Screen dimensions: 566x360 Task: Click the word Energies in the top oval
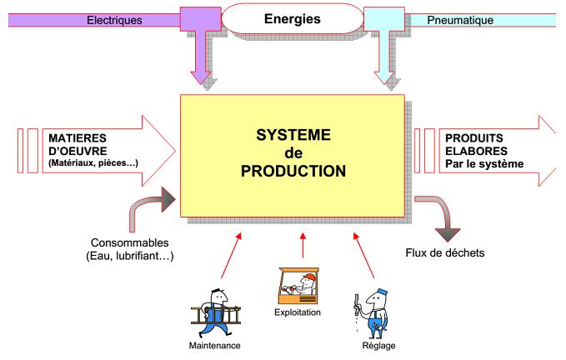click(x=292, y=19)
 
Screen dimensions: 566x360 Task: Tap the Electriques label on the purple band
click(x=114, y=20)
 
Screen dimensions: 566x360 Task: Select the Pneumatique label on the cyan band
click(x=460, y=20)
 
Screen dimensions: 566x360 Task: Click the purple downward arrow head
click(x=200, y=77)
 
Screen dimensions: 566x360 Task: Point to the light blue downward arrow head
click(x=384, y=77)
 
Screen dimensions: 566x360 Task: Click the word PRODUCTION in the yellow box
click(x=293, y=171)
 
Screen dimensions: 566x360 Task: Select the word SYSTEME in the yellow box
click(x=293, y=135)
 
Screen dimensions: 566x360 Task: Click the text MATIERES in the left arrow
click(x=78, y=138)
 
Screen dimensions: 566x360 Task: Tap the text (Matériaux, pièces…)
click(x=93, y=163)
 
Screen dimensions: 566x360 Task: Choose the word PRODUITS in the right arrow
click(x=474, y=138)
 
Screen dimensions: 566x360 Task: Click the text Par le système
click(x=484, y=164)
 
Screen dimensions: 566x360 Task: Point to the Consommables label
click(x=129, y=242)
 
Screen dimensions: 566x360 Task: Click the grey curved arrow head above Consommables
click(x=168, y=199)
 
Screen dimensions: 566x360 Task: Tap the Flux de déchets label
click(x=445, y=252)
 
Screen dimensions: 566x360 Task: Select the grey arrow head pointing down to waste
click(x=448, y=235)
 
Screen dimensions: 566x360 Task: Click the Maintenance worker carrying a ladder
click(x=216, y=312)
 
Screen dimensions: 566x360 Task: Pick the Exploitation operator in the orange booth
click(x=298, y=286)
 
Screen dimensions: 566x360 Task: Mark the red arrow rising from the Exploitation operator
click(x=303, y=245)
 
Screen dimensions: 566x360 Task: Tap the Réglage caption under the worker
click(x=378, y=346)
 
